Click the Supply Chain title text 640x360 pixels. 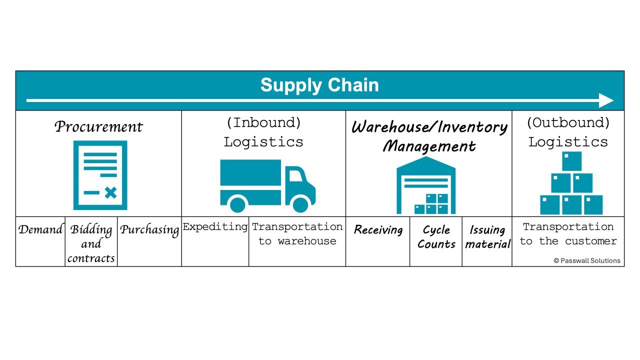(x=319, y=85)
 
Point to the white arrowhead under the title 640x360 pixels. (x=606, y=100)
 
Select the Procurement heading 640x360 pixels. (x=98, y=126)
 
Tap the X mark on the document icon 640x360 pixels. (x=110, y=192)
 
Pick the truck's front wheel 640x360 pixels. (x=300, y=204)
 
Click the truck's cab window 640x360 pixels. (x=295, y=175)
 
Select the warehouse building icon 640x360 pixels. (x=426, y=185)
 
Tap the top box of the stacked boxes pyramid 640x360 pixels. (x=571, y=161)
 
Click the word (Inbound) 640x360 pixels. (x=263, y=123)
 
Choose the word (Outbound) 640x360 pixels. (x=568, y=123)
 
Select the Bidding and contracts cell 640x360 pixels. (x=91, y=243)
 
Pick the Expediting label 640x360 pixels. (x=215, y=226)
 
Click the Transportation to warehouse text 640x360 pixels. (x=297, y=234)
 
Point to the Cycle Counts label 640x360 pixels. (x=436, y=237)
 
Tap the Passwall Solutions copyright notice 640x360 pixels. (x=587, y=260)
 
